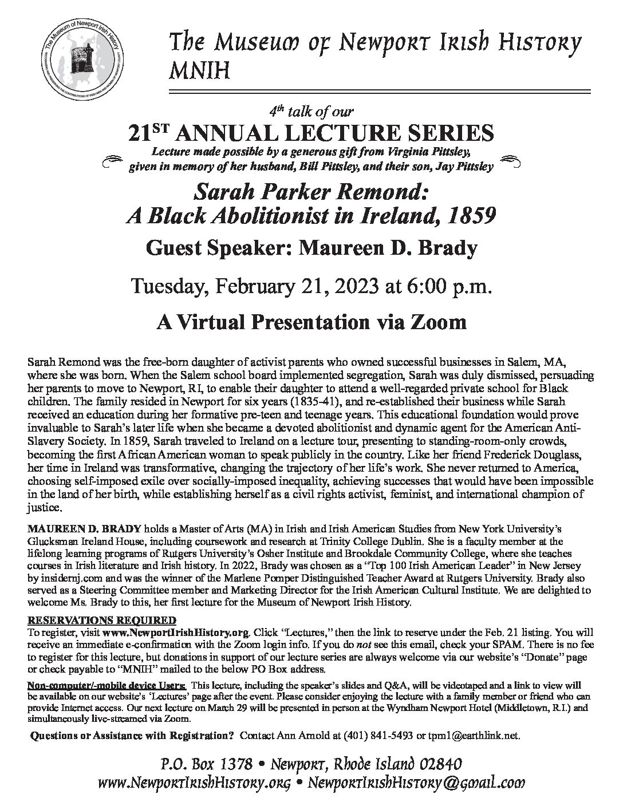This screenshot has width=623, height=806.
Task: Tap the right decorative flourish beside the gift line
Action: point(511,161)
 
